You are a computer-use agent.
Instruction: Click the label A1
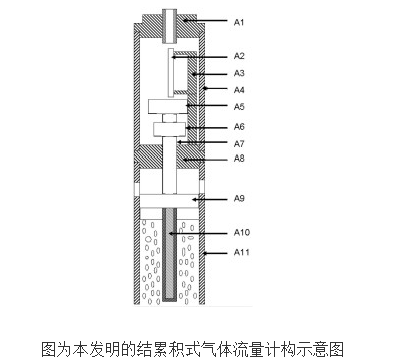(239, 22)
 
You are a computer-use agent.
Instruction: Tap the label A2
(239, 56)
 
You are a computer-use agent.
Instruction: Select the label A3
(239, 73)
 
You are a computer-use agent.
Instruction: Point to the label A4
(239, 90)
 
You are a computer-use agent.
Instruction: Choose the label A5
(239, 107)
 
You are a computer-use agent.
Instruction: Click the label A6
(239, 127)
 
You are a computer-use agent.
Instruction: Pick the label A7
(239, 144)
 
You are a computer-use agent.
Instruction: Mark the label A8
(239, 159)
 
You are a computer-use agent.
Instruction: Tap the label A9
(239, 199)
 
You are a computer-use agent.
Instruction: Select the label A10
(242, 232)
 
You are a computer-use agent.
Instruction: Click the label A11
(242, 252)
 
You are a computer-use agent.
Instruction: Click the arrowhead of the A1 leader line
(184, 21)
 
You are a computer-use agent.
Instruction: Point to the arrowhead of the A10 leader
(171, 233)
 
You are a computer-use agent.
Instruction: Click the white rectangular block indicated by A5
(167, 106)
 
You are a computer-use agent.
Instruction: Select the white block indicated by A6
(169, 129)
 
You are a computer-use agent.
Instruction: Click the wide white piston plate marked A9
(169, 201)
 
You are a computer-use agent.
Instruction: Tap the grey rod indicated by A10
(170, 254)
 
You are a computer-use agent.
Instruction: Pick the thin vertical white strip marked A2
(171, 73)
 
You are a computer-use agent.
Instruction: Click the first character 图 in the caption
(49, 349)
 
